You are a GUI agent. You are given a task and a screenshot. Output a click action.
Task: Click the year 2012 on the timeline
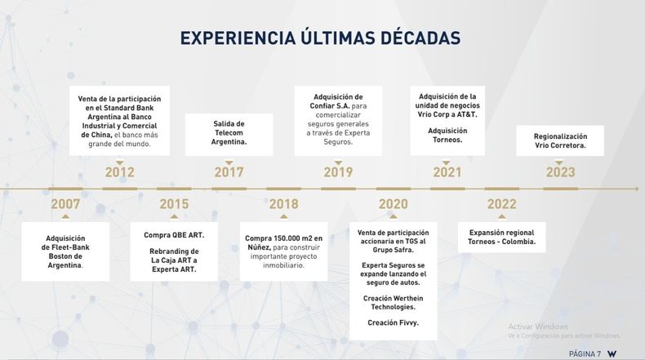pyautogui.click(x=120, y=172)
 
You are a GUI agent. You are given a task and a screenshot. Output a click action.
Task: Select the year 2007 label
pyautogui.click(x=65, y=203)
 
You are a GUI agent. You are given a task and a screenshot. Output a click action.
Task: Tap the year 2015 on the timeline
pyautogui.click(x=174, y=203)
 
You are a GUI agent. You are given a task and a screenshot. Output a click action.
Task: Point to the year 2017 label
pyautogui.click(x=229, y=172)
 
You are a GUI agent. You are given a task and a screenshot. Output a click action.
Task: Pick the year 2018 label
pyautogui.click(x=284, y=203)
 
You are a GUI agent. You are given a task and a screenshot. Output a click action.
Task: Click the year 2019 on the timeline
pyautogui.click(x=338, y=172)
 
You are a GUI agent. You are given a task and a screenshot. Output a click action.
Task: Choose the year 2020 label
pyautogui.click(x=394, y=203)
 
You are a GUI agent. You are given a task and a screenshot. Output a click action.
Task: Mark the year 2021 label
pyautogui.click(x=447, y=172)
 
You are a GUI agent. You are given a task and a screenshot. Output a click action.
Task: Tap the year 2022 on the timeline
pyautogui.click(x=502, y=203)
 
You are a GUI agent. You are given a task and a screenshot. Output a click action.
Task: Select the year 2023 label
pyautogui.click(x=560, y=172)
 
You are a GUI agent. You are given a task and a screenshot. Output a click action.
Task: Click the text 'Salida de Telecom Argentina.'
pyautogui.click(x=229, y=133)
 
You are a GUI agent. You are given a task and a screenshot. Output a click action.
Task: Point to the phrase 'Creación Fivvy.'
pyautogui.click(x=394, y=322)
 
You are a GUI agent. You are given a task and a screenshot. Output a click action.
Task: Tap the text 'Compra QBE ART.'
pyautogui.click(x=174, y=235)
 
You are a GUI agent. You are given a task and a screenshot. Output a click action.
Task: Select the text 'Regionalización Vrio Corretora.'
pyautogui.click(x=560, y=140)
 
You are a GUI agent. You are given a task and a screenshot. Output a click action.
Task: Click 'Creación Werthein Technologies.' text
pyautogui.click(x=394, y=302)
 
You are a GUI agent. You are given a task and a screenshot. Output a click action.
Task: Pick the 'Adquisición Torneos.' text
pyautogui.click(x=447, y=135)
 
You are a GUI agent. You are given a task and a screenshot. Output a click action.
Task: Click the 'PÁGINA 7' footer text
pyautogui.click(x=585, y=353)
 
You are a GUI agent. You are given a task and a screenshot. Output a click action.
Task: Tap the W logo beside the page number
pyautogui.click(x=612, y=353)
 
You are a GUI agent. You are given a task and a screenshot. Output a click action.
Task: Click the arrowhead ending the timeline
pyautogui.click(x=636, y=189)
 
